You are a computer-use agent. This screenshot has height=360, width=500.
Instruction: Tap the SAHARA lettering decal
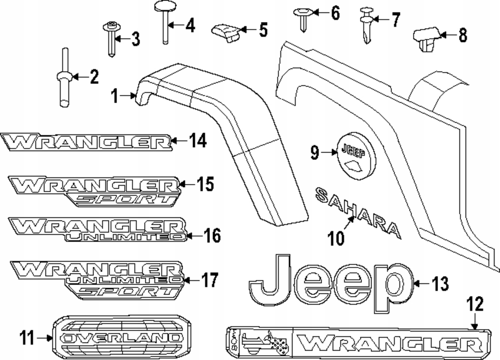click(x=358, y=212)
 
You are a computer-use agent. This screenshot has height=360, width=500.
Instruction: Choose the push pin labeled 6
click(x=304, y=17)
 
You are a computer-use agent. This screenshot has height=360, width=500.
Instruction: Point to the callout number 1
click(x=114, y=95)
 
